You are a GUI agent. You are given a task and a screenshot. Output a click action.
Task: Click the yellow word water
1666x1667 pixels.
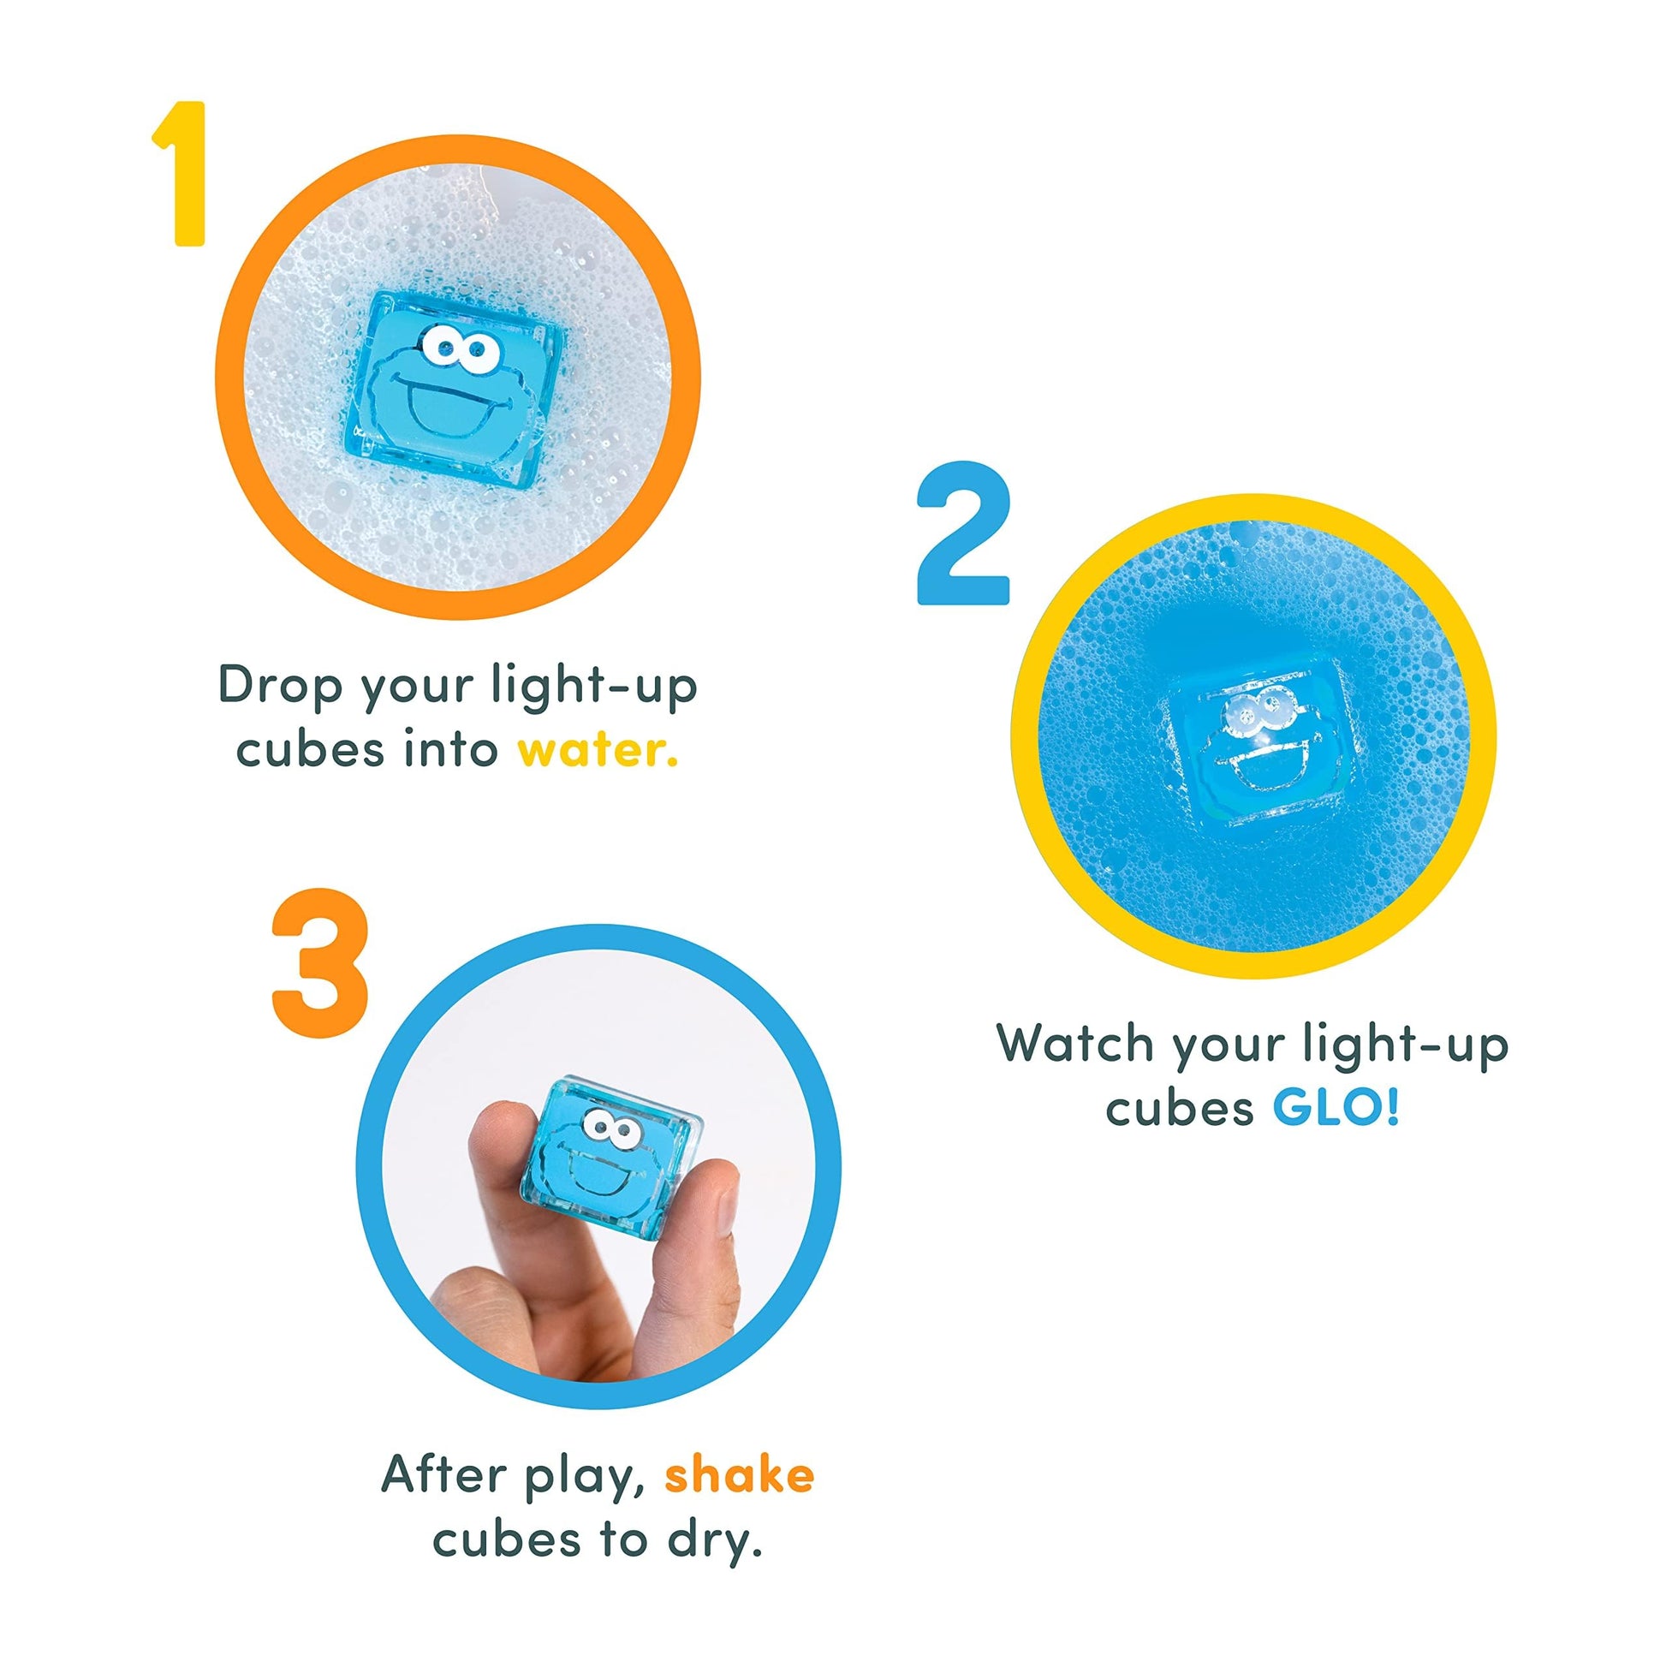pyautogui.click(x=598, y=749)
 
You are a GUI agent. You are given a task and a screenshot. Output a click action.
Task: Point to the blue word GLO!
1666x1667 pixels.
pyautogui.click(x=1336, y=1109)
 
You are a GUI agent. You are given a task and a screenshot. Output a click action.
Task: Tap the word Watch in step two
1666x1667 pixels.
pyautogui.click(x=1075, y=1042)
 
